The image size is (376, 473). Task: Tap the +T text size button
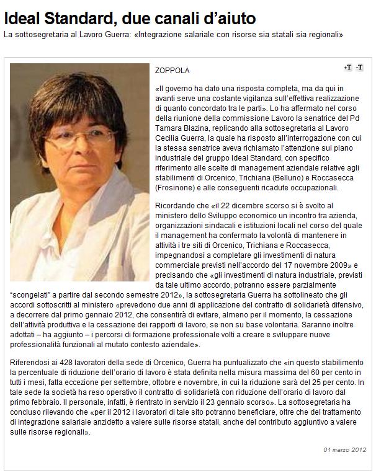[x=347, y=67]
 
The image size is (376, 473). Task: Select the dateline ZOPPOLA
[x=172, y=71]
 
